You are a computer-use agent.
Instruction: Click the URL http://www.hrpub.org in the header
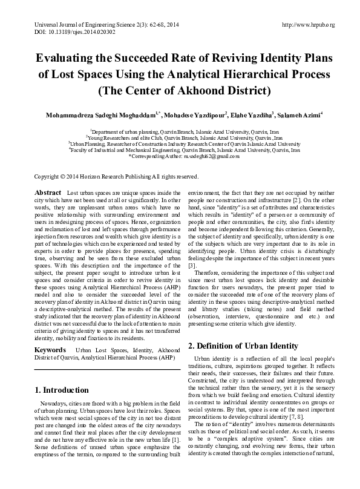309,24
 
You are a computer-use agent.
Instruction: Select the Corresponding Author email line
180,156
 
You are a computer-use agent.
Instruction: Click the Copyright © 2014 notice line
116,177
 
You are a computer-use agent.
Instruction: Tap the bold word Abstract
48,192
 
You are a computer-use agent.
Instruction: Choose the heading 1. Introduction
63,390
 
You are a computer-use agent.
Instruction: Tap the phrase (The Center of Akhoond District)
179,93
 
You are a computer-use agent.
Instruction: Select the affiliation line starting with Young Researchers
180,138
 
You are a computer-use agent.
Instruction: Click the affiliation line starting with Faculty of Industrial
180,150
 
